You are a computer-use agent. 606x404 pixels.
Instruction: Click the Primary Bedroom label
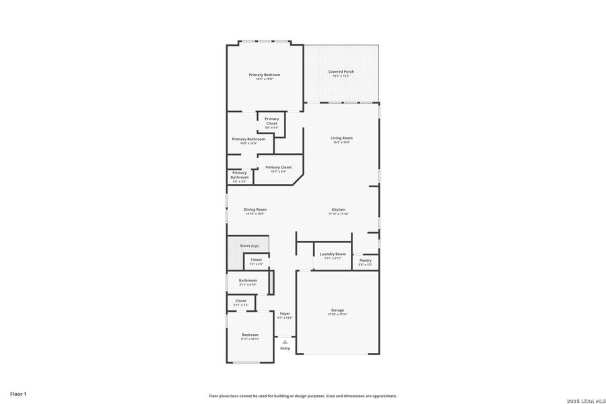coord(265,75)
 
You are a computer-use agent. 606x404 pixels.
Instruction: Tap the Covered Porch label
coord(341,71)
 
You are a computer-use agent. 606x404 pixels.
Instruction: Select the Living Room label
coord(341,138)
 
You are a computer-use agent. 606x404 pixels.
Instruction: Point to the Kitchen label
coord(338,209)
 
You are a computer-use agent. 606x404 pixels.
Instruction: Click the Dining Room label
coord(255,209)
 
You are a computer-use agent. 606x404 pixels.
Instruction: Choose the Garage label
coord(337,310)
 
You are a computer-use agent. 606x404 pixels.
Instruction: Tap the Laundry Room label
coord(333,254)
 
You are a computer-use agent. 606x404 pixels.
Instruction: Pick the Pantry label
coord(365,261)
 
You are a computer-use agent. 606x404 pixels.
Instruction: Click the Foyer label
coord(285,313)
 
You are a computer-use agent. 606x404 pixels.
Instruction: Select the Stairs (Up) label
coord(249,246)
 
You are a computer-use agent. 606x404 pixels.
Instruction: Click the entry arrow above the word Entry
coord(285,342)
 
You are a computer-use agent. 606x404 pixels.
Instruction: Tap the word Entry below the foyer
coord(285,348)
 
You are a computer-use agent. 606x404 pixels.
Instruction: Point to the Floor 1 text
coord(18,393)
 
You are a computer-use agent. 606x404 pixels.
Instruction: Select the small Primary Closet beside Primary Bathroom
coord(271,119)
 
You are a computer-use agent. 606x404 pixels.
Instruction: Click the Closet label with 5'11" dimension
coord(240,301)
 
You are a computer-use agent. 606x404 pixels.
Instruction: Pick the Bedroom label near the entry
coord(250,335)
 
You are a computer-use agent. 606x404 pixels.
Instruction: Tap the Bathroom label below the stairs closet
coord(248,280)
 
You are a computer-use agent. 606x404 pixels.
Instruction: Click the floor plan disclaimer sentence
coord(302,396)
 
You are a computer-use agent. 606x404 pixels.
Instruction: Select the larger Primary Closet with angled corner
coord(278,167)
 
